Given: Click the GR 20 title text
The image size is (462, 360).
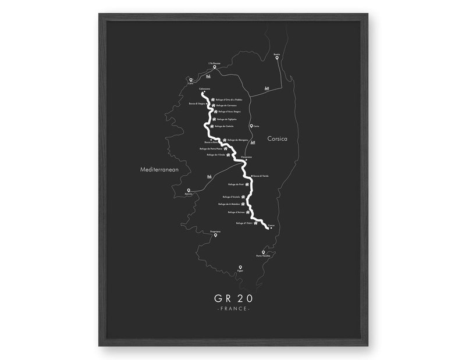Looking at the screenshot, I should (x=233, y=298).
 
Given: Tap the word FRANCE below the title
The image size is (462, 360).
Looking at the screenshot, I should (x=233, y=309).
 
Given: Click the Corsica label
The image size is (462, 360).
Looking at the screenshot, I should (x=277, y=139).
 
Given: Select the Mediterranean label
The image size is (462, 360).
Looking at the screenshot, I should (x=159, y=170).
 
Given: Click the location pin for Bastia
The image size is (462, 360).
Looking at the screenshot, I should (x=277, y=58).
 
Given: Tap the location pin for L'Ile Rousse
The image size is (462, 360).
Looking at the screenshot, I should (x=214, y=67).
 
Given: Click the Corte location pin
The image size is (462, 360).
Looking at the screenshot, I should (x=251, y=126).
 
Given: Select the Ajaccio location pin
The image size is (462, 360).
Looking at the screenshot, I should (x=189, y=190).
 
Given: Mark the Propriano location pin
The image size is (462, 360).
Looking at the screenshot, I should (x=215, y=235).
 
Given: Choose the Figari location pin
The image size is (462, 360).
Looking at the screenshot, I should (x=240, y=268).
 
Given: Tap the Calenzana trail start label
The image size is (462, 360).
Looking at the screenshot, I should (x=204, y=88).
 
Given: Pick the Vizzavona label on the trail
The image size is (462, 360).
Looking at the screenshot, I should (x=246, y=156).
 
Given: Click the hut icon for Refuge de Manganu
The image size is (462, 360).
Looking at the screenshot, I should (x=225, y=140).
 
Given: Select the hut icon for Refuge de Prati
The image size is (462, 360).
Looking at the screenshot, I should (x=247, y=184).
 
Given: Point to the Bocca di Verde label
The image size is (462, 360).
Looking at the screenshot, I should (x=261, y=176).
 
